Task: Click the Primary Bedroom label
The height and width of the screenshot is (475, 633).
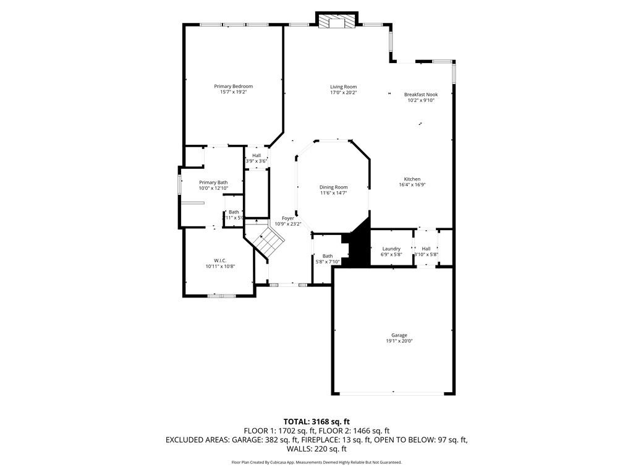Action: click(x=233, y=86)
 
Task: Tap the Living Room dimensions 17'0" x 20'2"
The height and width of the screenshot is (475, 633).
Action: click(x=343, y=93)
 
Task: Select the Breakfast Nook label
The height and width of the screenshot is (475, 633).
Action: click(x=421, y=95)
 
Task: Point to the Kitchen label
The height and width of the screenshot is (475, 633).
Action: click(x=412, y=179)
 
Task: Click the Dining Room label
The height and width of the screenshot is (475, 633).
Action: click(x=333, y=187)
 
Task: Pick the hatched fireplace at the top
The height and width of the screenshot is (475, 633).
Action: click(x=337, y=22)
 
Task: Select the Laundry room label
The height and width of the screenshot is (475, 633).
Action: click(x=391, y=249)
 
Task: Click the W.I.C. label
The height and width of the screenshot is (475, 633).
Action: click(x=220, y=260)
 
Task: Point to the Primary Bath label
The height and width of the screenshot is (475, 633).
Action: click(x=213, y=182)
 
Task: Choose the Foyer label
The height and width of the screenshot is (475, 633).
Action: click(x=288, y=218)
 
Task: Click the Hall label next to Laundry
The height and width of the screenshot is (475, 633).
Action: click(x=426, y=249)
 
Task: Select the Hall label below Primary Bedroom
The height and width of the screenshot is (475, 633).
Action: click(x=256, y=155)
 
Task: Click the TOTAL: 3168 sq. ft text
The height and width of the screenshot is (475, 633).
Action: click(x=316, y=422)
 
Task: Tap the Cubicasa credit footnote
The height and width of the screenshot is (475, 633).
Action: click(x=316, y=462)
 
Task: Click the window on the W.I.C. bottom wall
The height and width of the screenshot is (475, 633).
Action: click(x=222, y=296)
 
